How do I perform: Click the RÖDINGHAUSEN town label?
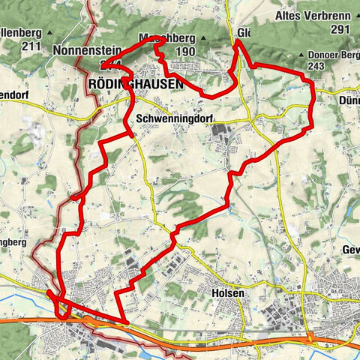tap(135, 85)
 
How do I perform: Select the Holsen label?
tap(228, 293)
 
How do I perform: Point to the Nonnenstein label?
tap(83, 50)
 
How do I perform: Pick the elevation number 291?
tap(340, 29)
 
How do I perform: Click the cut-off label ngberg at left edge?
tap(13, 243)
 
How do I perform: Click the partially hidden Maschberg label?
tap(167, 37)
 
